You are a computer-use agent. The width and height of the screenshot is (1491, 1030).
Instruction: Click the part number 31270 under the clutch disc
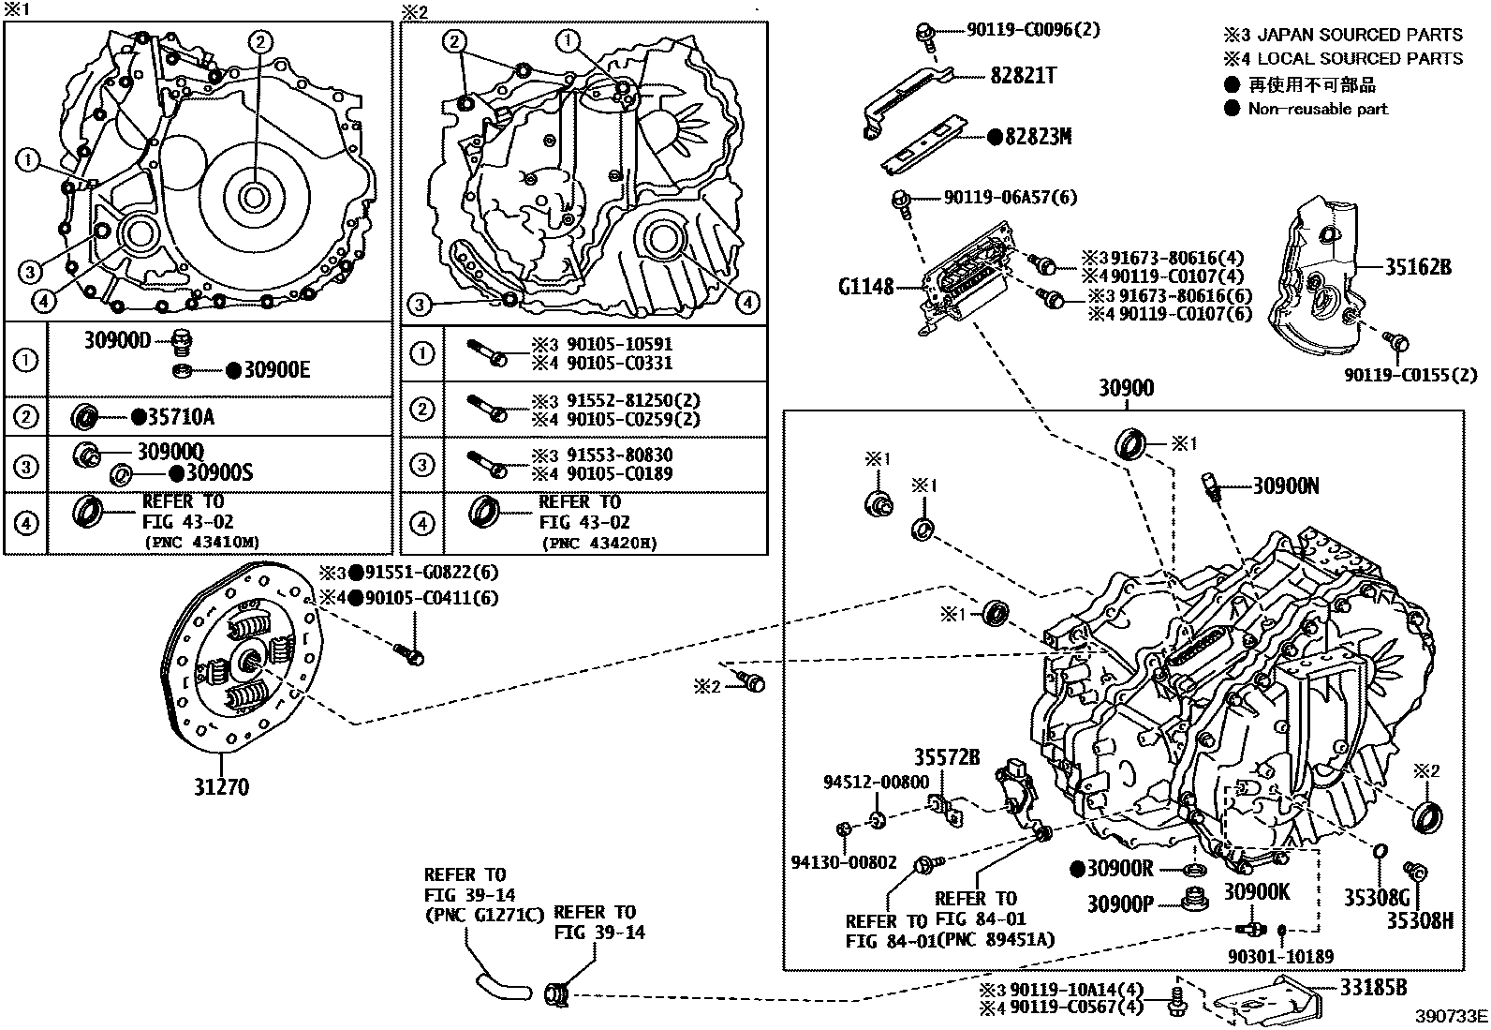pyautogui.click(x=222, y=786)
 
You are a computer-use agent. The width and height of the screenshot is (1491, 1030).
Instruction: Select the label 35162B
pyautogui.click(x=1418, y=267)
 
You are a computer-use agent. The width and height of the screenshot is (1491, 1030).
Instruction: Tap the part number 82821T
pyautogui.click(x=1024, y=76)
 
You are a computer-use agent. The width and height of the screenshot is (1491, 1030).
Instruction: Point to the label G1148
pyautogui.click(x=866, y=286)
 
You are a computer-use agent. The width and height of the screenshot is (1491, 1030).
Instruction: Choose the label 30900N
pyautogui.click(x=1286, y=485)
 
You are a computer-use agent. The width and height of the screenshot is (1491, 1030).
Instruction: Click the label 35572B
pyautogui.click(x=947, y=757)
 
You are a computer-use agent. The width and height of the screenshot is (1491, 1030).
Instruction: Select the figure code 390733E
pyautogui.click(x=1451, y=1017)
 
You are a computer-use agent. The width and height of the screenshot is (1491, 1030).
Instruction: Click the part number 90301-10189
pyautogui.click(x=1280, y=956)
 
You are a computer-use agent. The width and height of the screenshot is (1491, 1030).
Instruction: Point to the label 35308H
pyautogui.click(x=1420, y=921)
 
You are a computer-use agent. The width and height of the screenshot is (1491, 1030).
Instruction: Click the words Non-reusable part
pyautogui.click(x=1318, y=109)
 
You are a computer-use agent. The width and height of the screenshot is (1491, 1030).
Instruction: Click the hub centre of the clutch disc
pyautogui.click(x=249, y=661)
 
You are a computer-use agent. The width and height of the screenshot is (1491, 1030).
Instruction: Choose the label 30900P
pyautogui.click(x=1120, y=903)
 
